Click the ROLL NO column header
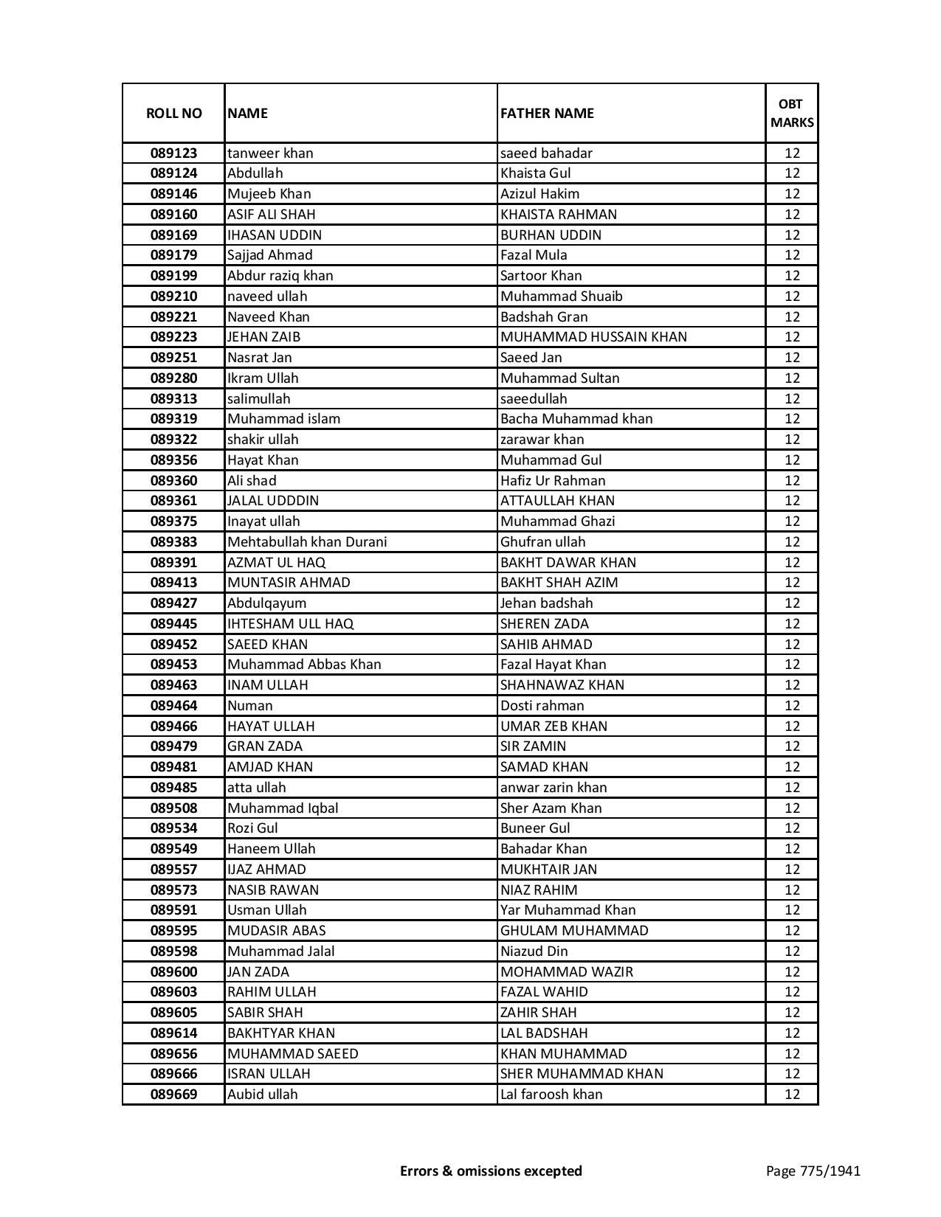tap(173, 114)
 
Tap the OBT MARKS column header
tap(791, 113)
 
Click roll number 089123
tap(173, 153)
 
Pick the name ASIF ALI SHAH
tap(271, 215)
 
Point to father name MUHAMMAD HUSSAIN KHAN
tap(593, 337)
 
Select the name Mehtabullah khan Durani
tap(306, 542)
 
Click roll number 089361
tap(173, 501)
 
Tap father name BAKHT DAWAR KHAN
tap(568, 563)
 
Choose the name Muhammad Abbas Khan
tap(304, 665)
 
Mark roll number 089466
tap(173, 727)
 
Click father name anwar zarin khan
tap(553, 788)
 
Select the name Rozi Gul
tap(252, 828)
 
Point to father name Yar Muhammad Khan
tap(568, 910)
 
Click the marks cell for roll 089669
tap(791, 1095)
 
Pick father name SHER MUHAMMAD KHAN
tap(582, 1074)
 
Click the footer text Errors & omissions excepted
tap(491, 1171)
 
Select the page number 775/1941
tap(813, 1171)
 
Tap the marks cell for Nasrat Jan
tap(791, 358)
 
